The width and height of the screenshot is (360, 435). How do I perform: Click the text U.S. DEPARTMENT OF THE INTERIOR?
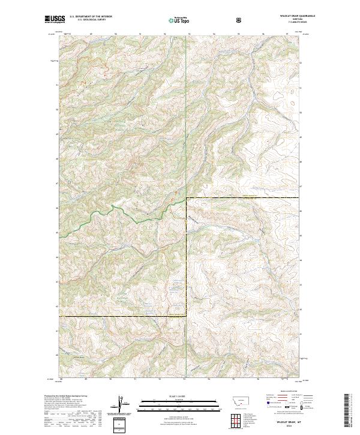[x=91, y=17]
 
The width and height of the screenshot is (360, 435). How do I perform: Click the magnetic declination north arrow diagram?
[x=120, y=405]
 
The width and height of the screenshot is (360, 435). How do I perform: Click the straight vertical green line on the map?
[x=186, y=120]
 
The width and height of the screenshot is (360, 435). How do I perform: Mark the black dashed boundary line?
[x=120, y=316]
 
